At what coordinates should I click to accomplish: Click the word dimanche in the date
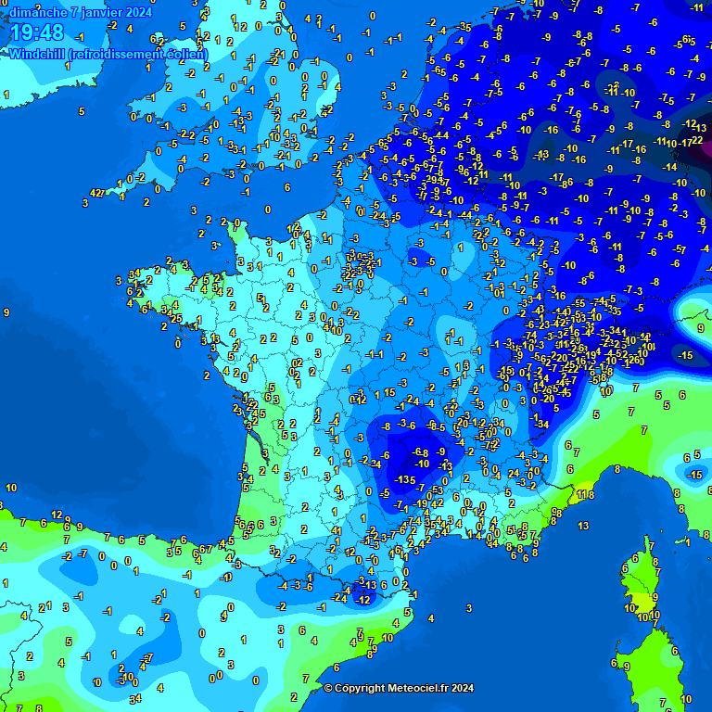[x=36, y=12]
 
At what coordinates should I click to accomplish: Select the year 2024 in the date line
[x=137, y=12]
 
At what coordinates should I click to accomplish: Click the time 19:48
[x=38, y=33]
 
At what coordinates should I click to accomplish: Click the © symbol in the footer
[x=328, y=688]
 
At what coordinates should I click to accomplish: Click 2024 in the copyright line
[x=464, y=688]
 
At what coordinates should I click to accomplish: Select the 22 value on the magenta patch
[x=697, y=140]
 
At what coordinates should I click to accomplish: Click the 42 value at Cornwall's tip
[x=95, y=192]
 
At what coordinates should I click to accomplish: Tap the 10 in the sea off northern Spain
[x=11, y=488]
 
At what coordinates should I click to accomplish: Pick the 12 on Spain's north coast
[x=57, y=515]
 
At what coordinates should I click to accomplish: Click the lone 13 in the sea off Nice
[x=583, y=526]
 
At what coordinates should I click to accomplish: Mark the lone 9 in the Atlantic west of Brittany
[x=6, y=313]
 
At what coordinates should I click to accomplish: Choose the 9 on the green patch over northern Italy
[x=701, y=327]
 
